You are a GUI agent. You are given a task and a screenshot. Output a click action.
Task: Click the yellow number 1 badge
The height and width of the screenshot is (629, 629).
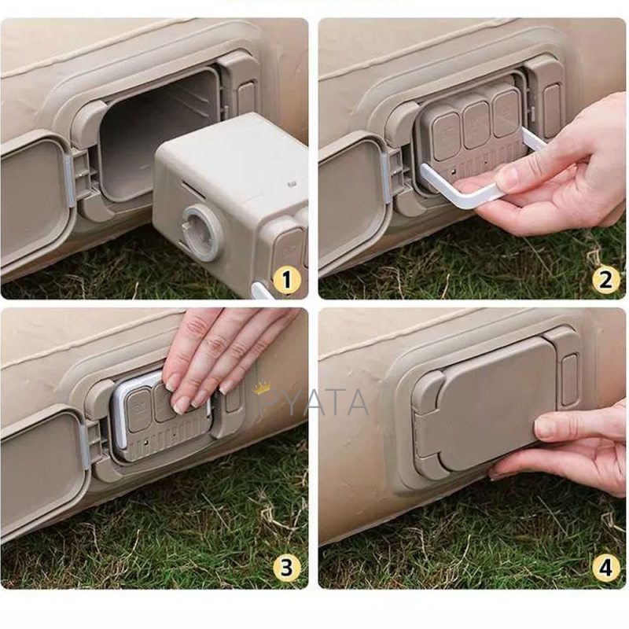pos(286,280)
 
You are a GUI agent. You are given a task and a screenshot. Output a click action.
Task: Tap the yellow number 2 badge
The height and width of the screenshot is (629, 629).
pos(605,280)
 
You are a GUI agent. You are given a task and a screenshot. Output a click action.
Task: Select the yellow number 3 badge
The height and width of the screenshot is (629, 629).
pos(286,568)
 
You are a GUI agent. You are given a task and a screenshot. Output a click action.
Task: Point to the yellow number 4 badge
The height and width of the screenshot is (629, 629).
pos(605,568)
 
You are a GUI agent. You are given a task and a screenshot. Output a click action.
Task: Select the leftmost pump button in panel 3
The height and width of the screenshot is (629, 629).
pos(139,411)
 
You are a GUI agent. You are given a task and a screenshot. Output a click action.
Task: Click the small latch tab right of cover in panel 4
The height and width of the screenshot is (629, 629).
pos(568,380)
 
